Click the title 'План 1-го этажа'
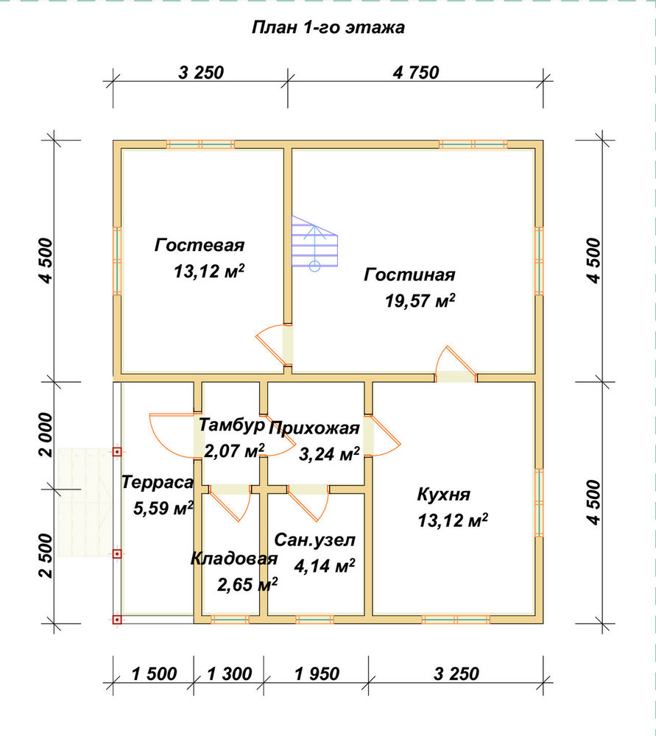[x=328, y=28]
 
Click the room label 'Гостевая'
[x=200, y=245]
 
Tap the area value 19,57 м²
[x=420, y=300]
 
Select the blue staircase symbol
[x=314, y=244]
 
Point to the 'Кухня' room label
[x=443, y=495]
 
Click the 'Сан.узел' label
[x=314, y=540]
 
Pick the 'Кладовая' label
[x=234, y=559]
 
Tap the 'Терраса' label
[x=158, y=483]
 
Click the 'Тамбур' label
[x=231, y=425]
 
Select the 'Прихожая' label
[x=314, y=428]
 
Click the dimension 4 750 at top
[x=415, y=73]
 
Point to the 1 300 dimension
[x=229, y=674]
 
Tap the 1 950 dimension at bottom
[x=317, y=674]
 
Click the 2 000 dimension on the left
[x=46, y=435]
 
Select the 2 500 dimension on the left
[x=46, y=555]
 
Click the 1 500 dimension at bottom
[x=154, y=674]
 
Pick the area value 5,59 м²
[x=163, y=509]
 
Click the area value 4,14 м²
[x=325, y=566]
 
